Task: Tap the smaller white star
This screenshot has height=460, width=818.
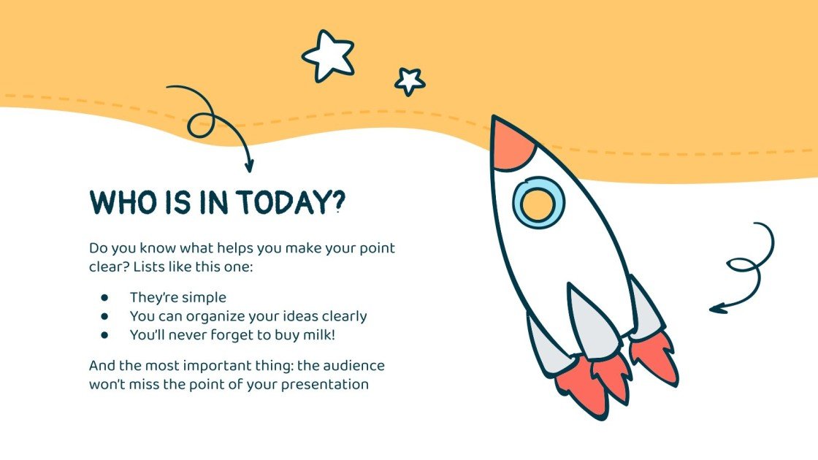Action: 409,81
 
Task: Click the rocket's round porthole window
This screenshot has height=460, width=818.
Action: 539,202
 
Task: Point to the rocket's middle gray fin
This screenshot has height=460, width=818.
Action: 592,321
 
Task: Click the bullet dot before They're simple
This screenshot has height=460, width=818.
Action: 104,298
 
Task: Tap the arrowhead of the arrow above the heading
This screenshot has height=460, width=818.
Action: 249,166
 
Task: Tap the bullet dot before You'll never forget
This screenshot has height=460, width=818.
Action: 104,335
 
